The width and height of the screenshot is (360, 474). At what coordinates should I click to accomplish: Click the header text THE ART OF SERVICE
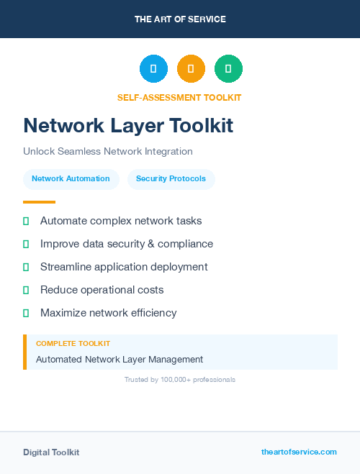click(180, 19)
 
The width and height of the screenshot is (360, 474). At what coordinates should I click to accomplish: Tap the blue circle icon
click(153, 68)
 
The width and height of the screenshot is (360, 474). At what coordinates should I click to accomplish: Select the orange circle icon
click(191, 68)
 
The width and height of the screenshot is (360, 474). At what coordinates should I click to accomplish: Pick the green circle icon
click(228, 68)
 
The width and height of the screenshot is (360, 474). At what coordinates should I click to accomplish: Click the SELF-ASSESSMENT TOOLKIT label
click(179, 97)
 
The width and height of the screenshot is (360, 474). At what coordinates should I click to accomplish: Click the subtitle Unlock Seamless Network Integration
click(108, 152)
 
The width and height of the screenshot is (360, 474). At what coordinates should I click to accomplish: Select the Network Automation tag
click(71, 178)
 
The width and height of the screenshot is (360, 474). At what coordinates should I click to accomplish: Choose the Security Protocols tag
click(171, 178)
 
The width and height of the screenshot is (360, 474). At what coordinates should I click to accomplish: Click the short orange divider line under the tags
click(39, 202)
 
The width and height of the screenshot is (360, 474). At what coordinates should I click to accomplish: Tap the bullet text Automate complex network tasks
click(121, 221)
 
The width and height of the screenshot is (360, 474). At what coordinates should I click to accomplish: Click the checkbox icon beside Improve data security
click(26, 245)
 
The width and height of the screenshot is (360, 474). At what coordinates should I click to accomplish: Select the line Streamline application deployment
click(124, 267)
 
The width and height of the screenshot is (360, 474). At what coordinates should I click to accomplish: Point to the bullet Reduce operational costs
click(102, 290)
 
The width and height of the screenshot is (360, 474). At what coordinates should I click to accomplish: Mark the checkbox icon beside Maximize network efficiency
click(26, 314)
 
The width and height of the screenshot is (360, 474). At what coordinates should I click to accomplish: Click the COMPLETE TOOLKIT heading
click(73, 344)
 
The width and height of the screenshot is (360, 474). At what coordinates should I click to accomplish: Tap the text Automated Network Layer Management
click(120, 360)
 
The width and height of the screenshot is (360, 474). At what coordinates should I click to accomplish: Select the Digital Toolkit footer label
click(51, 452)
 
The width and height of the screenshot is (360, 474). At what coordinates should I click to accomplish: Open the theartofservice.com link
click(299, 452)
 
